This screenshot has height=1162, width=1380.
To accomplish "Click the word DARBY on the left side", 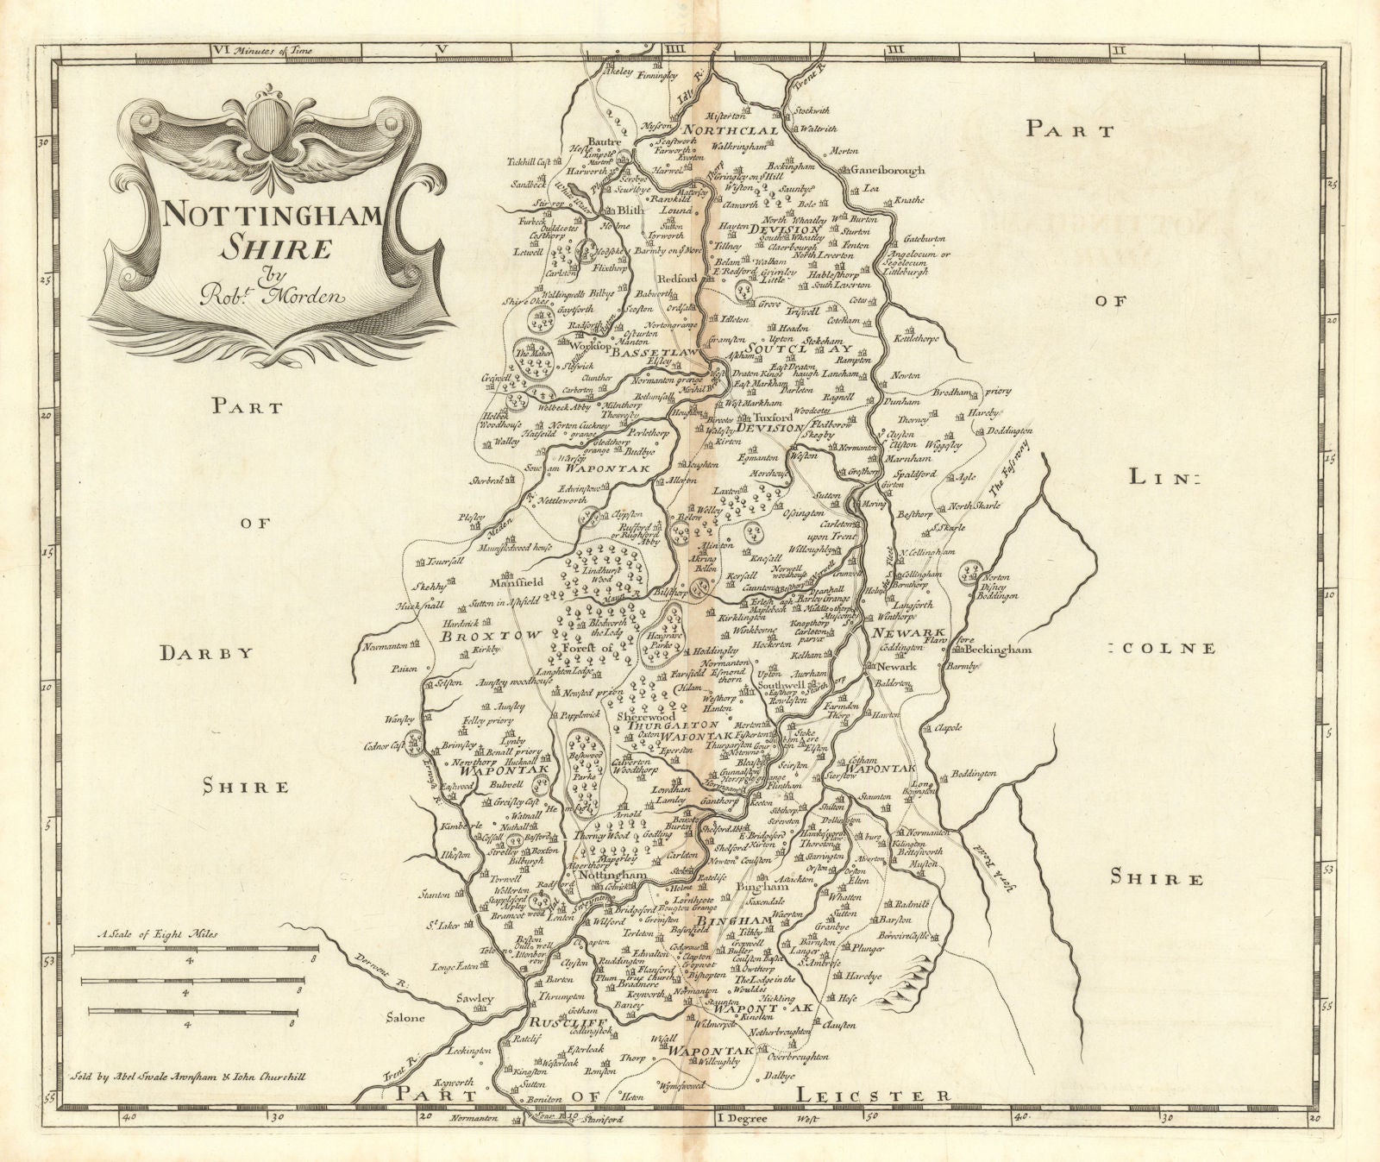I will (207, 653).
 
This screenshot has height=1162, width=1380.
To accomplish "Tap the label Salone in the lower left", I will (404, 1018).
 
